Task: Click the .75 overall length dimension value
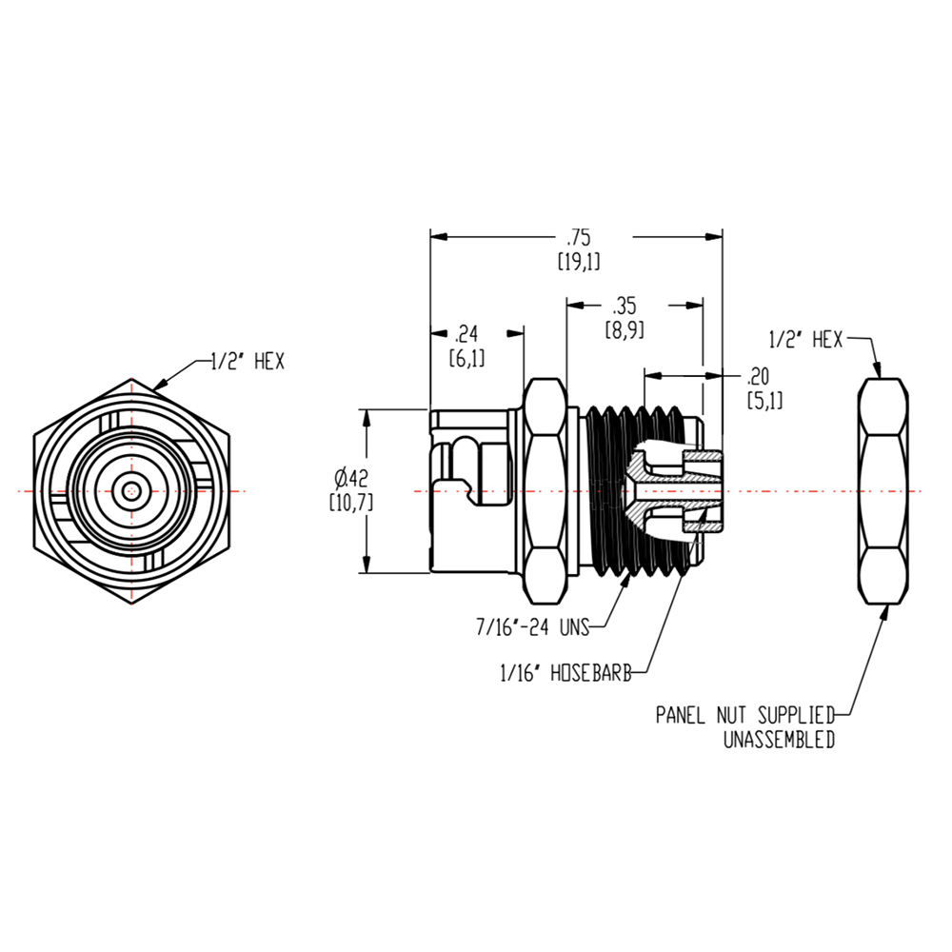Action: click(578, 237)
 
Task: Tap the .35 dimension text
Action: click(625, 306)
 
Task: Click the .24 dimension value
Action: click(466, 333)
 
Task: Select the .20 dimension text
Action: click(759, 374)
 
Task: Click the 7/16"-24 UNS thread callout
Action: click(532, 626)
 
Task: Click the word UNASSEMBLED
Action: click(779, 740)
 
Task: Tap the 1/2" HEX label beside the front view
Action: click(248, 362)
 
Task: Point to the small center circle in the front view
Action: click(130, 491)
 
